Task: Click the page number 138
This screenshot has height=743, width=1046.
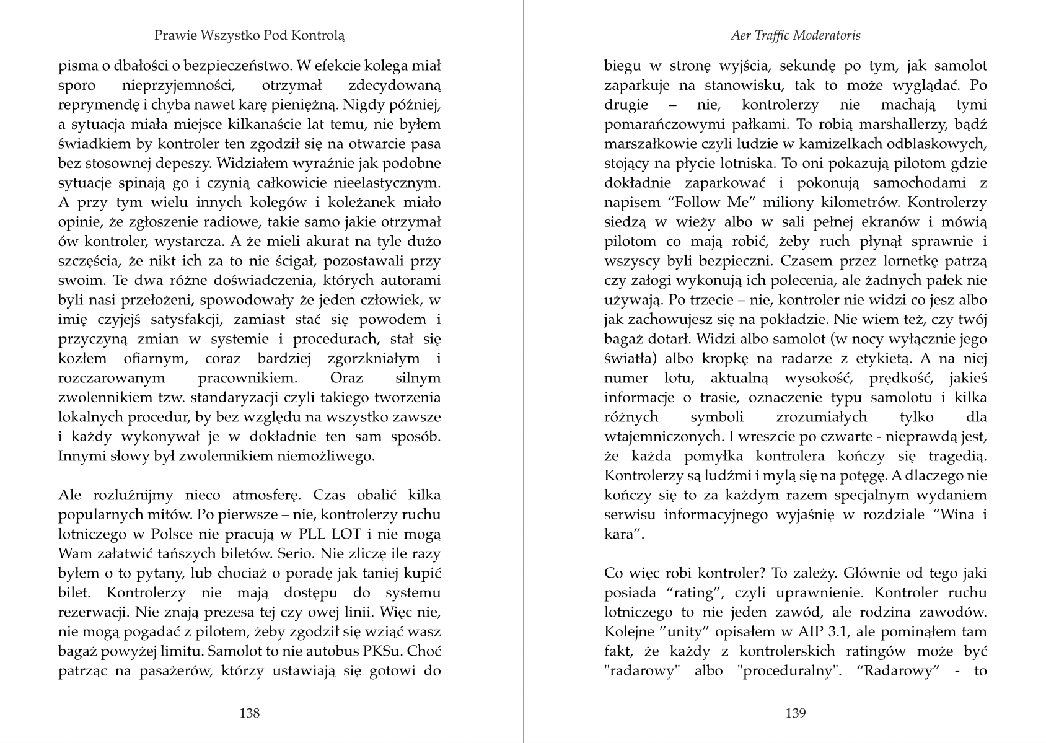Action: tap(249, 713)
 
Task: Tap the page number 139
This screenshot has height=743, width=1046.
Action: tap(796, 713)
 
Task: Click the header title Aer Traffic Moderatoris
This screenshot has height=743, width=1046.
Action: tap(796, 35)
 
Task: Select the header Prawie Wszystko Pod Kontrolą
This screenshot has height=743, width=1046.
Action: tap(249, 35)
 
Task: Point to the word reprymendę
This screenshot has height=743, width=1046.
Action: tap(93, 105)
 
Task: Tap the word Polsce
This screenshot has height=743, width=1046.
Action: tap(154, 534)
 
